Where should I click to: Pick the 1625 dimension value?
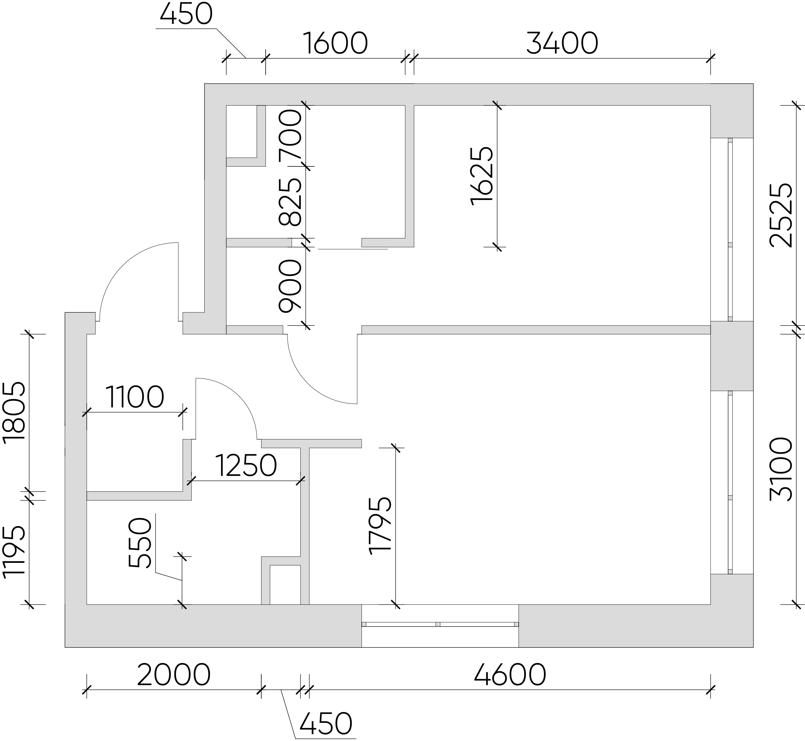click(482, 176)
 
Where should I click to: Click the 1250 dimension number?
click(246, 465)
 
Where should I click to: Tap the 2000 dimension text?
click(174, 675)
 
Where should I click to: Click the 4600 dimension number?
click(510, 675)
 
